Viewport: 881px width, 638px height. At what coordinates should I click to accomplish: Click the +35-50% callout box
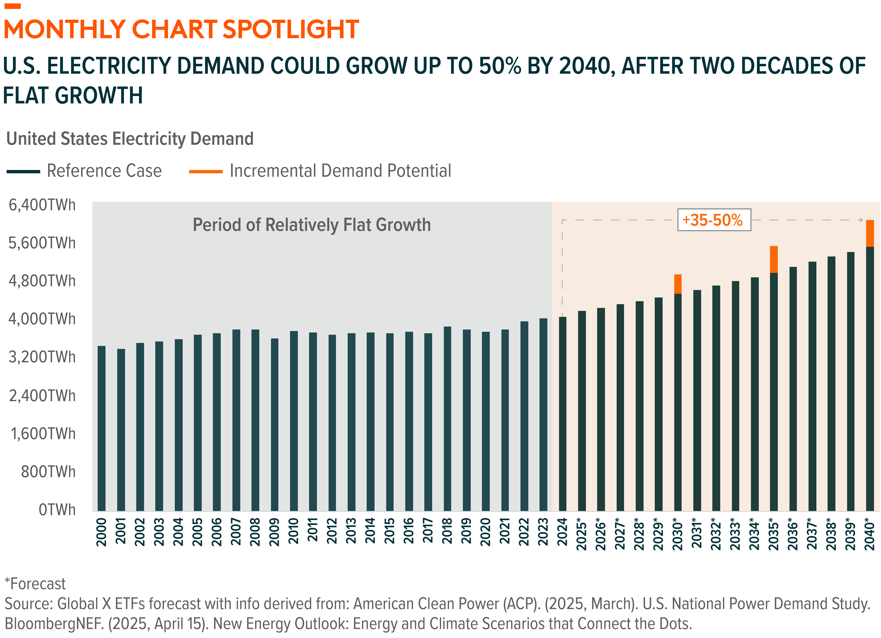pos(714,220)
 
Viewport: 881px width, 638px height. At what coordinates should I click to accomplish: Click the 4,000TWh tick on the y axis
pos(42,319)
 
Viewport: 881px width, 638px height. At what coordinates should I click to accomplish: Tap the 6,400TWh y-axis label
pos(42,205)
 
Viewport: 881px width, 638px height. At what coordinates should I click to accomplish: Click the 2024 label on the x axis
pos(562,532)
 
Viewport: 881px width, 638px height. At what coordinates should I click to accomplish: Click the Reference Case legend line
pos(23,171)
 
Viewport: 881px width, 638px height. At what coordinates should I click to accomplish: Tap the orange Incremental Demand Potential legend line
pos(206,171)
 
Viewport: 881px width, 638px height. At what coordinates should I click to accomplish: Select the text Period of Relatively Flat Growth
pos(312,225)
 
